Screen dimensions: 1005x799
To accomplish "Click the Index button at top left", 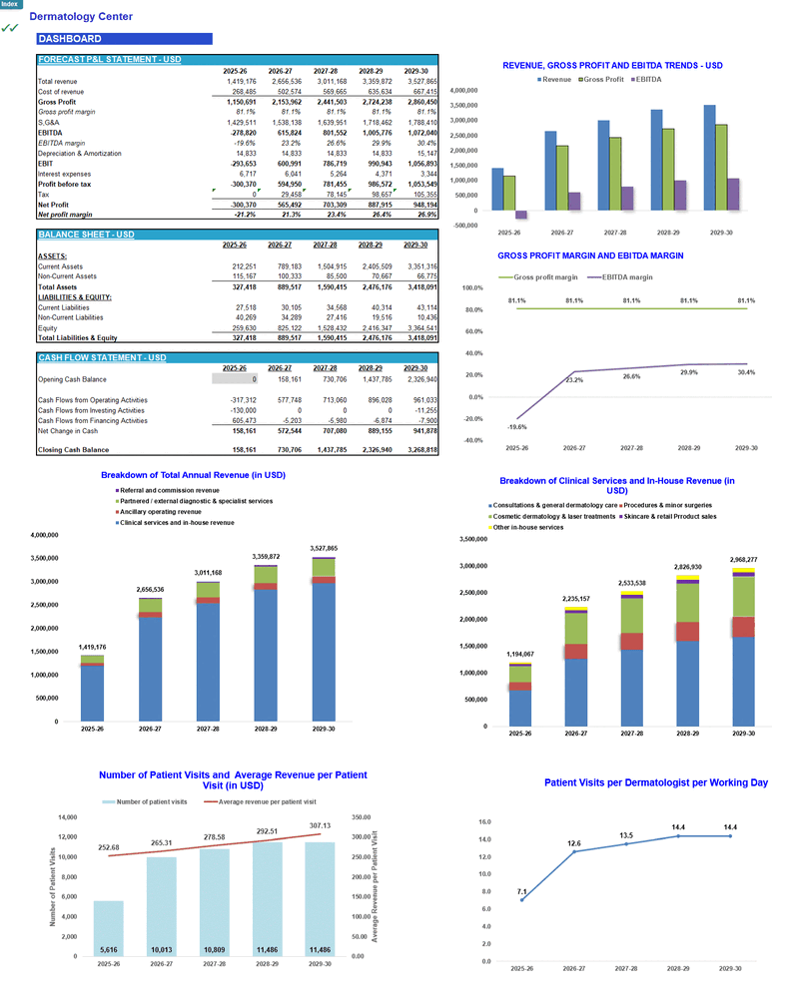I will [9, 4].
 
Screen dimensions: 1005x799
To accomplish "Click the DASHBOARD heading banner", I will [123, 39].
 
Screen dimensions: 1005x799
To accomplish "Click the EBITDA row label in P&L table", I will [50, 132].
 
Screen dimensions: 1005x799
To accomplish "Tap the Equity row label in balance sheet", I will [47, 326].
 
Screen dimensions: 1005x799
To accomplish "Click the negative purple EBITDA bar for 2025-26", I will [520, 215].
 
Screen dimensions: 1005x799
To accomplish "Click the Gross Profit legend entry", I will [601, 79].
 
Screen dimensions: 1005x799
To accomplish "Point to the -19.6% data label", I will [517, 427].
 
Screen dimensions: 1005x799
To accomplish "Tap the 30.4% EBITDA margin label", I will [747, 372].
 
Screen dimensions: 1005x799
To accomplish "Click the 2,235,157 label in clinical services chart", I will [575, 599].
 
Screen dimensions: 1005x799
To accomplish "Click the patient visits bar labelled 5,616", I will [108, 928].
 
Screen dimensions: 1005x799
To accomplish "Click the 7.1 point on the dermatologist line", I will [521, 899].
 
